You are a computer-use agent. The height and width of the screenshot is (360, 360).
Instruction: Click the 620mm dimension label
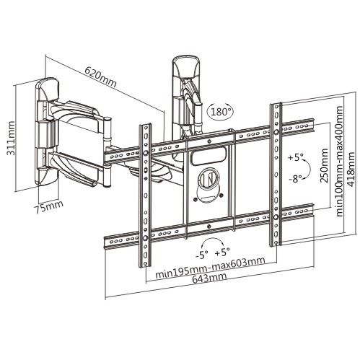[x=101, y=76]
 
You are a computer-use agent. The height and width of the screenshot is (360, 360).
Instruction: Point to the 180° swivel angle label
[x=221, y=111]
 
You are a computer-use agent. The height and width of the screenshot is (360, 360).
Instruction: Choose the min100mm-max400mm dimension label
[x=338, y=161]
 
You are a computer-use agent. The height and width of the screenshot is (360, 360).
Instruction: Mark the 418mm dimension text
[x=351, y=170]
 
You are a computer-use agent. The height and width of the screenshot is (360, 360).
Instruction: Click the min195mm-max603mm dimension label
[x=210, y=268]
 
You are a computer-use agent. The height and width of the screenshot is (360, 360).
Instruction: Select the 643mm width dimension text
[x=209, y=278]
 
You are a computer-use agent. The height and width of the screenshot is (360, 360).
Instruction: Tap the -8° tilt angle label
[x=295, y=178]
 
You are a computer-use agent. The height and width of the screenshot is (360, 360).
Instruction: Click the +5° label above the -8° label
[x=296, y=157]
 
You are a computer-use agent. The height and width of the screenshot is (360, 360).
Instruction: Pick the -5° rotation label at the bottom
[x=201, y=255]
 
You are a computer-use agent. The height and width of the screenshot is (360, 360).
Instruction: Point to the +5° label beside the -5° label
[x=222, y=253]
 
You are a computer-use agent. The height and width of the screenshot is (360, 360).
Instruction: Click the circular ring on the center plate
[x=208, y=178]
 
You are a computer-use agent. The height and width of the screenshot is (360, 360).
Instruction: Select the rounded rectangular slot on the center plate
[x=209, y=157]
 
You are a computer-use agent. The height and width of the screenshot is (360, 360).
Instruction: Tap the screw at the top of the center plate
[x=208, y=141]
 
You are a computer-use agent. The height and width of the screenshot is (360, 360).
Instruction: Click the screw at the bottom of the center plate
[x=208, y=226]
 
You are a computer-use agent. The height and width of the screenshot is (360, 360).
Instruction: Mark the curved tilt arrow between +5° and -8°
[x=308, y=168]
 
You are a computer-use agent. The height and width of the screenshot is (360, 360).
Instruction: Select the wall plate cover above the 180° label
[x=185, y=66]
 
